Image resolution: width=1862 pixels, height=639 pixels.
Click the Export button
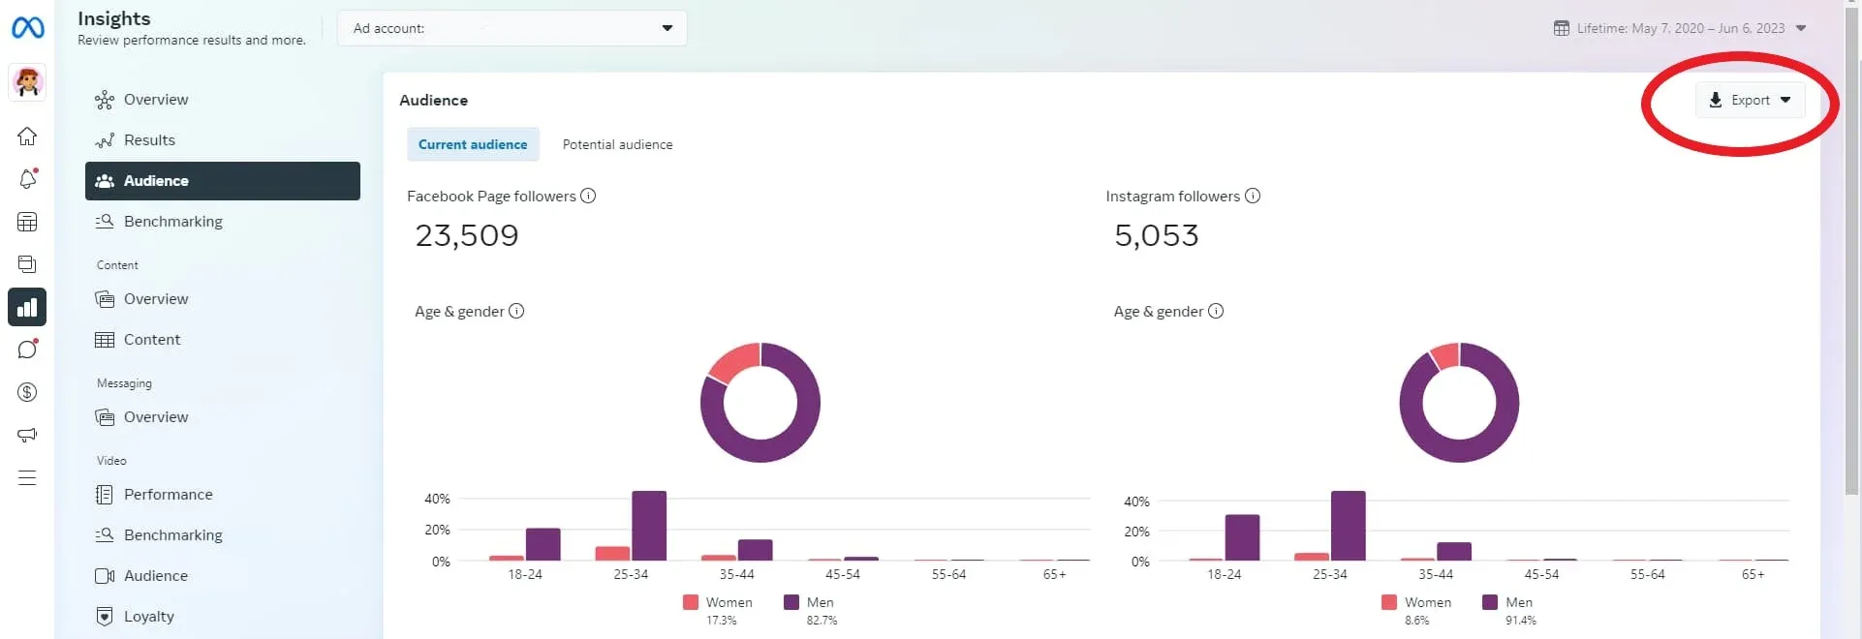click(1750, 100)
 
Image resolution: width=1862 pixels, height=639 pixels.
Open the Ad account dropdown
click(512, 28)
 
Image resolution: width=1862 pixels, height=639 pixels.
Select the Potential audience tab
click(617, 144)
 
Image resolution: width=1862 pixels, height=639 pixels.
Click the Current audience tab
click(473, 144)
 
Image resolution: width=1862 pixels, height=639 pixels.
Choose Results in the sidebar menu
click(149, 140)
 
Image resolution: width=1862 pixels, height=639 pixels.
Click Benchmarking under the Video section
click(172, 535)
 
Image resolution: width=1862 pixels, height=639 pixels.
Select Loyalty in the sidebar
click(148, 617)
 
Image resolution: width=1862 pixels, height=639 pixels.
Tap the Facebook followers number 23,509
click(467, 235)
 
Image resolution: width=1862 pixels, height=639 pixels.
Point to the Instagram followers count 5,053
click(1156, 235)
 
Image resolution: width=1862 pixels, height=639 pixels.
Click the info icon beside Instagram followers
click(1253, 196)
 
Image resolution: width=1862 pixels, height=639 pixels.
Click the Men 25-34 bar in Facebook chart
click(648, 526)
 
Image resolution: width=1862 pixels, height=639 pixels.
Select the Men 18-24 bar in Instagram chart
click(1242, 537)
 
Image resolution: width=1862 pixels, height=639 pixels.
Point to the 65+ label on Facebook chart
click(1054, 575)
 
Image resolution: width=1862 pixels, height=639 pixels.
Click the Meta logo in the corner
click(27, 28)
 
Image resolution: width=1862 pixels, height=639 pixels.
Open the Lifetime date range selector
click(1680, 28)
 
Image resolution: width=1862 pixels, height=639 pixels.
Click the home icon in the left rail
click(27, 137)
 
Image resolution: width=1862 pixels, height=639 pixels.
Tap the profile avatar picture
click(27, 82)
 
